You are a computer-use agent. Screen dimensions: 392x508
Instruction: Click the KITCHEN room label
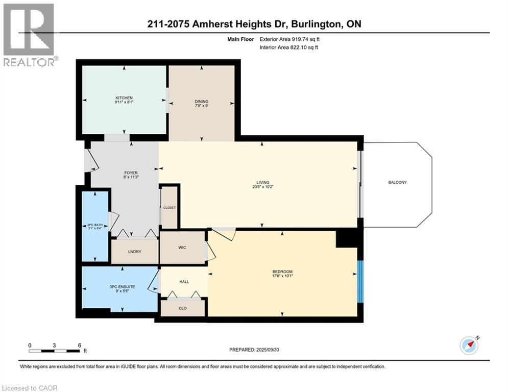(x=124, y=98)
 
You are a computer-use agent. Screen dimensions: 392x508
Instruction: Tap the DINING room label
(x=201, y=102)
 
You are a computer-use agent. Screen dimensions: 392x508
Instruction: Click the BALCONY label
(x=397, y=182)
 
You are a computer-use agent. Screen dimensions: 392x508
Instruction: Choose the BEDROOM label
(x=282, y=272)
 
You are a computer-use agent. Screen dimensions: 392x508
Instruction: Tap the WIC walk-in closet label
(x=182, y=248)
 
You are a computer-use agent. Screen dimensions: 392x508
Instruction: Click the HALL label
(x=184, y=281)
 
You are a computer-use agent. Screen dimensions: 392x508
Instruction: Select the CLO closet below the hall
(x=183, y=308)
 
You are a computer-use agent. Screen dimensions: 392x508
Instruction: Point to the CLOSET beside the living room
(x=169, y=208)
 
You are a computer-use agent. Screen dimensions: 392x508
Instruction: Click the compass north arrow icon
(x=469, y=345)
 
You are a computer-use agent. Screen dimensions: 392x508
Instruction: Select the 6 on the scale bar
(x=79, y=345)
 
